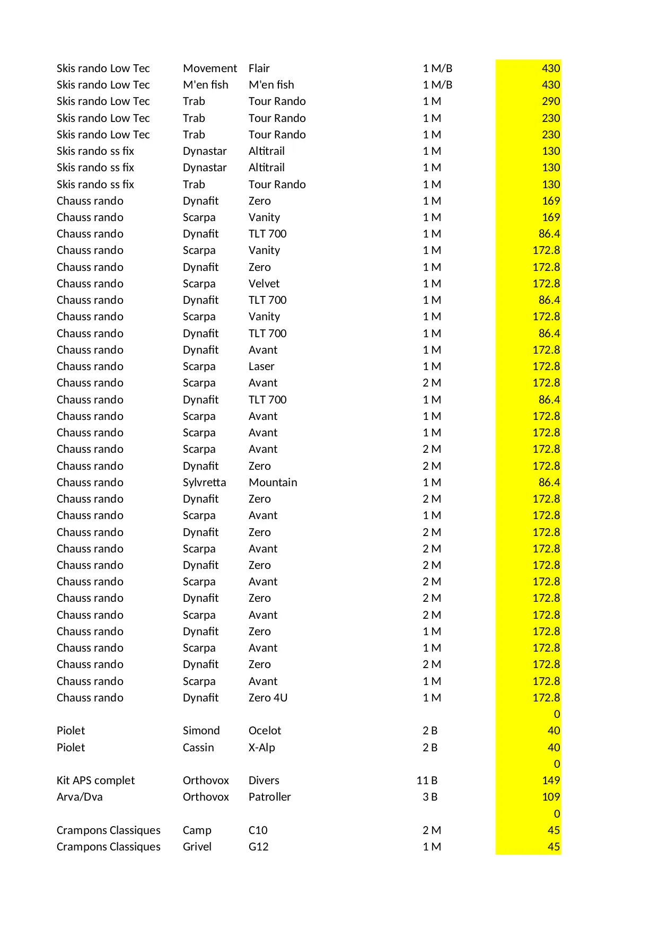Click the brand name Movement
click(x=210, y=68)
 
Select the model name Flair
click(x=259, y=68)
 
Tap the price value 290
click(x=551, y=101)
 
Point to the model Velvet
click(x=264, y=284)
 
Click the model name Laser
click(x=261, y=366)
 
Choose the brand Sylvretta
click(x=204, y=482)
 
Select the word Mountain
click(x=273, y=482)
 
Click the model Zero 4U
click(x=268, y=698)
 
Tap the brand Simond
click(x=201, y=731)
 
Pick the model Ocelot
click(x=265, y=731)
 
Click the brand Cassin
click(x=198, y=748)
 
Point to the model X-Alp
click(x=262, y=748)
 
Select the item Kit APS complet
click(x=95, y=780)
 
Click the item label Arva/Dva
click(x=80, y=797)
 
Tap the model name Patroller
click(x=269, y=797)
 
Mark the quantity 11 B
click(x=427, y=780)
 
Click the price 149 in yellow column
click(x=551, y=780)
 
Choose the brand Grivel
click(x=197, y=847)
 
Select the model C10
click(x=258, y=830)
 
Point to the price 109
click(x=551, y=797)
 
